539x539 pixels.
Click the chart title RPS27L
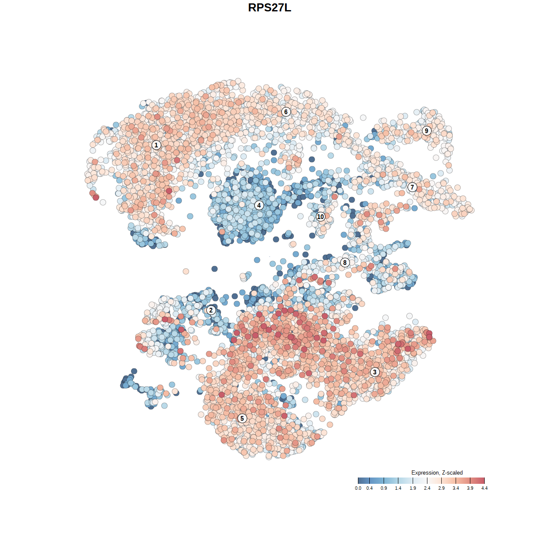point(269,8)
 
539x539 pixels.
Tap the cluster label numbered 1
point(156,145)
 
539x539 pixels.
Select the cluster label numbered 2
point(211,310)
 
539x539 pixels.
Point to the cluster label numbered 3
point(375,372)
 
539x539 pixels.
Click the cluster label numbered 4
point(259,205)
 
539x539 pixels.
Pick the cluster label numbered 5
point(242,418)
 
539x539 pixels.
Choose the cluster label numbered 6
point(286,112)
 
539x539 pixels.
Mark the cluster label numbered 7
point(412,187)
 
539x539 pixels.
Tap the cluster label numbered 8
point(345,262)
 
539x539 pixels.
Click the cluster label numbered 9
point(427,131)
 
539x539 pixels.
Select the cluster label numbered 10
point(320,216)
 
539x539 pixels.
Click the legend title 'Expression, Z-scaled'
point(437,472)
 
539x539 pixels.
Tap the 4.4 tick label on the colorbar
point(484,488)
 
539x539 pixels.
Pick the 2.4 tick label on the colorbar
point(427,488)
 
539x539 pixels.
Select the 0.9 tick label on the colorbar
point(384,488)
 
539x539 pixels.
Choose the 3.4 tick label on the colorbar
point(456,488)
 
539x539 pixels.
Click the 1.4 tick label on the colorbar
point(398,488)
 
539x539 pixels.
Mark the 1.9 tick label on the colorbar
point(413,488)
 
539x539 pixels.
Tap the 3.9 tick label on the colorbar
point(470,488)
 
